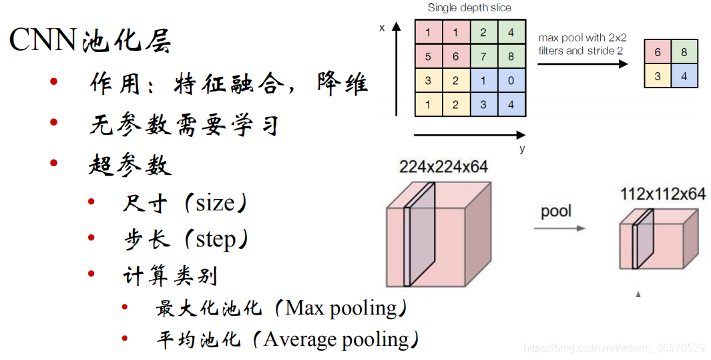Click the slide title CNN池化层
[90, 41]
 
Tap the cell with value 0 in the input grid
[511, 81]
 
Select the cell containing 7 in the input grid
[483, 57]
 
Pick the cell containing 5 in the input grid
[428, 57]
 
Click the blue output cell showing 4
[684, 76]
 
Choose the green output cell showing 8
[684, 51]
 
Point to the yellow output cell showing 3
[658, 76]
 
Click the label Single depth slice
[469, 8]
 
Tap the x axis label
[382, 29]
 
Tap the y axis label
[522, 149]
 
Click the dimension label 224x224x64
[443, 167]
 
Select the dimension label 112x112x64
[662, 194]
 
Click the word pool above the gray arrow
[556, 212]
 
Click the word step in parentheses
[216, 239]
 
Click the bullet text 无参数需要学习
[184, 124]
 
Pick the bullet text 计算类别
[170, 275]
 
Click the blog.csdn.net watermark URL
[614, 348]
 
